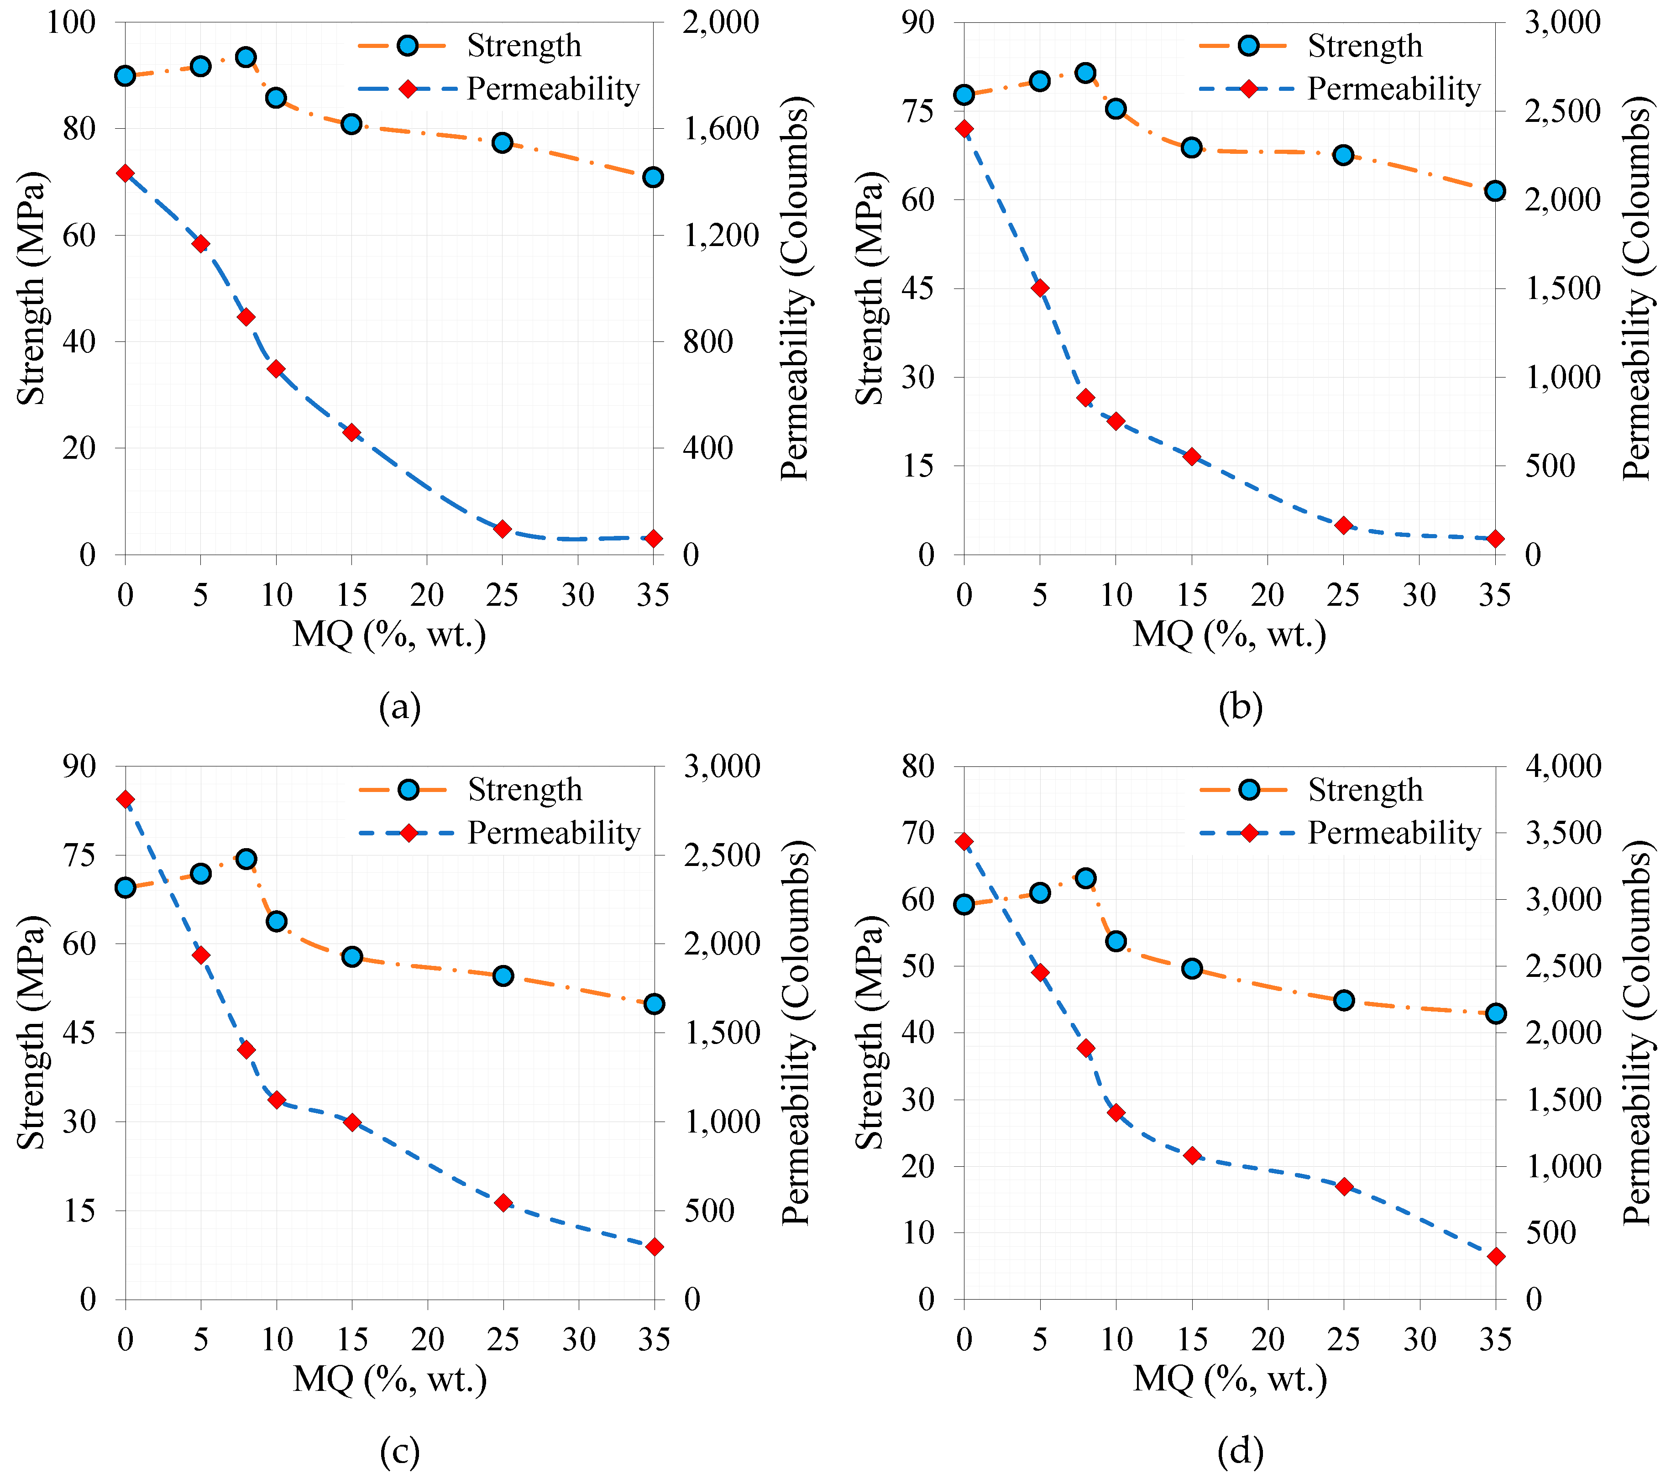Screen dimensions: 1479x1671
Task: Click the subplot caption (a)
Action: point(400,707)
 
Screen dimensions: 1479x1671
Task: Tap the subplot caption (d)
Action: point(1240,1451)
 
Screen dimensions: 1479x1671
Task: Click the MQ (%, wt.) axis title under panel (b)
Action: point(1229,635)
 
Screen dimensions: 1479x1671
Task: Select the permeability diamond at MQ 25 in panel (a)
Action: point(503,529)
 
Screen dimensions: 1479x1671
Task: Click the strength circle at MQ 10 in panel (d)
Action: point(1116,941)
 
